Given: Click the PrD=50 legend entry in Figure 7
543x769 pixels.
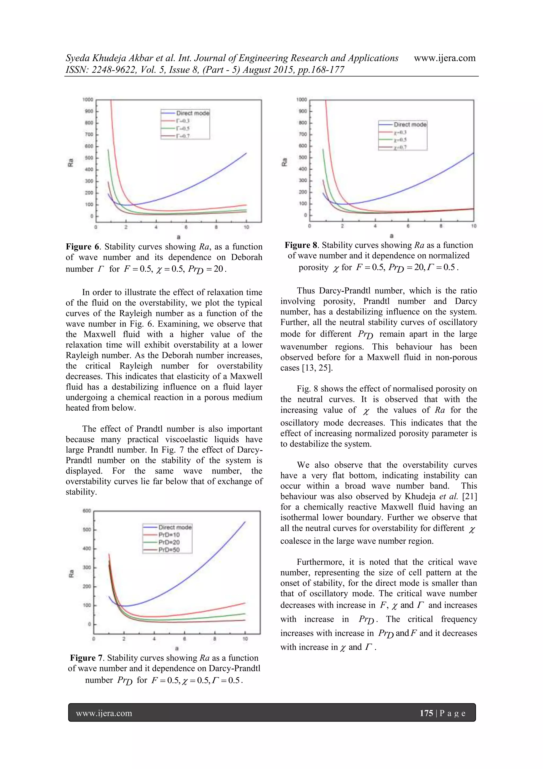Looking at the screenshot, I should click(169, 550).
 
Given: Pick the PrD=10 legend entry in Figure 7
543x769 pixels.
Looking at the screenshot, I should click(169, 535).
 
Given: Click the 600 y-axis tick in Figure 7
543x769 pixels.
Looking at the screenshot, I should click(87, 511).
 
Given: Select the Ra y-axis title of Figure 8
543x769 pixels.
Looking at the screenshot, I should click(284, 162).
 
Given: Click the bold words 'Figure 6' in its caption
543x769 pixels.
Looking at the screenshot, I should click(83, 247).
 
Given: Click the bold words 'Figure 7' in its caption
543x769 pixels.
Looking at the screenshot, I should click(87, 658).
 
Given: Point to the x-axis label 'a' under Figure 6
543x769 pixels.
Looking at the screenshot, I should click(178, 237).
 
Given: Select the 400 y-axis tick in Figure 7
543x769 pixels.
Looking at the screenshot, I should click(87, 549).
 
